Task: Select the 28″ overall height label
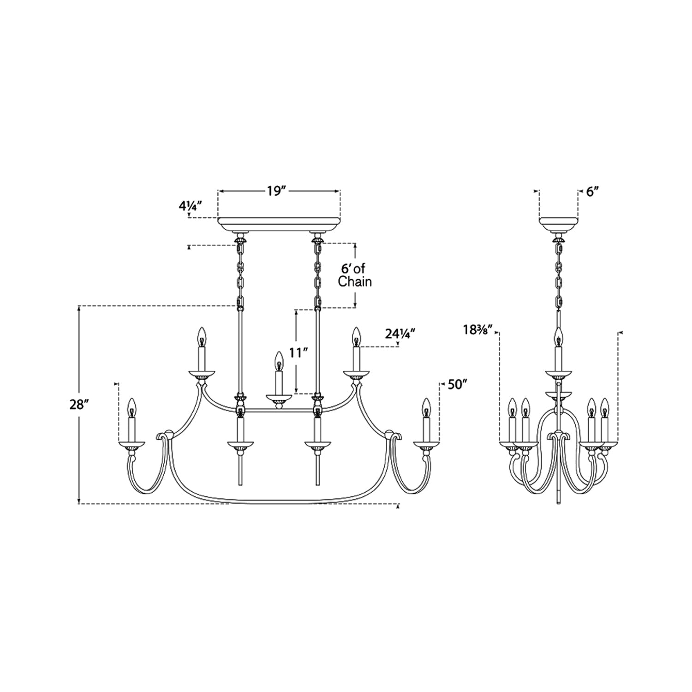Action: (78, 405)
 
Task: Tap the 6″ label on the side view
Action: (592, 192)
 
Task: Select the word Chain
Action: (355, 281)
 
